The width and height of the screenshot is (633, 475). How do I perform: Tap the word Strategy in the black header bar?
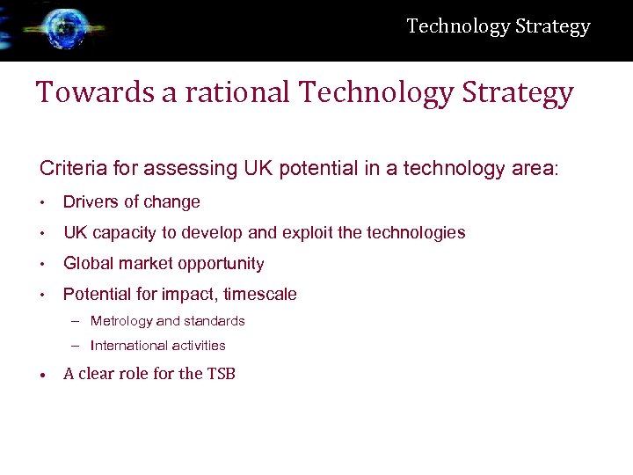pos(552,26)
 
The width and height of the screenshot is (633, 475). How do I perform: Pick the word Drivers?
pos(90,202)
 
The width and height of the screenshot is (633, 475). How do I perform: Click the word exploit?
pos(313,233)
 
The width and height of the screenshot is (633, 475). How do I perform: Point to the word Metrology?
pos(121,321)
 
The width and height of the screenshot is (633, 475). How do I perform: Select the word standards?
pos(214,321)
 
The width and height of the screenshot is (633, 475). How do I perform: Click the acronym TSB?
pos(221,374)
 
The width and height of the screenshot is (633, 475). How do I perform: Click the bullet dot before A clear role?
pos(42,375)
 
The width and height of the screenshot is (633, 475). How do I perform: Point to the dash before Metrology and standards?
pos(76,321)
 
